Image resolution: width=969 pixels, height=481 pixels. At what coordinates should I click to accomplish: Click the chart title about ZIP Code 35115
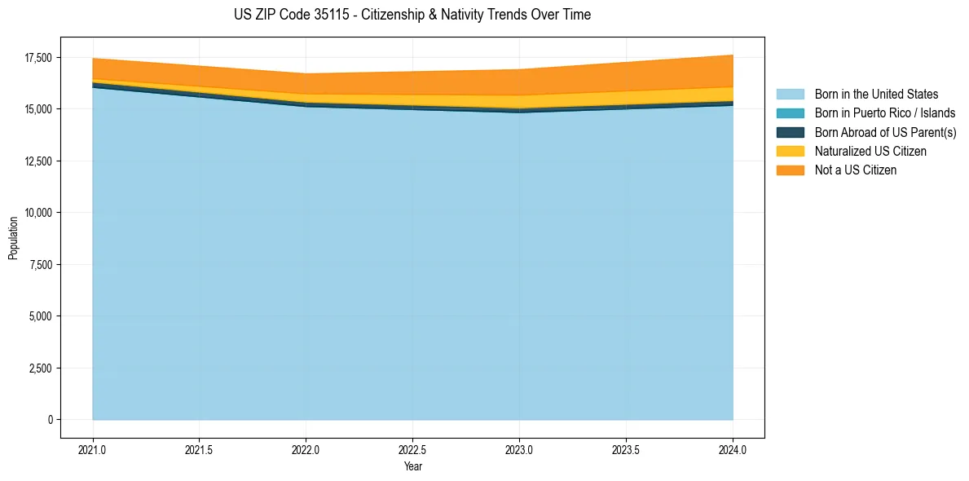click(x=412, y=15)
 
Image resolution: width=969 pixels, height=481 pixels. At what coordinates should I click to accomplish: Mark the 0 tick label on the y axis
click(x=50, y=420)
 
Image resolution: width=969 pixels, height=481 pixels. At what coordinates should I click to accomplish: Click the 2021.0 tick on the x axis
click(x=93, y=449)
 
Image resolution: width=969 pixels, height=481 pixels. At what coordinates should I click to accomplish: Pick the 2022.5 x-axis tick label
click(x=412, y=449)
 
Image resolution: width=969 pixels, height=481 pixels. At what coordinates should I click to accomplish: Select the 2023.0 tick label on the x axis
click(x=519, y=449)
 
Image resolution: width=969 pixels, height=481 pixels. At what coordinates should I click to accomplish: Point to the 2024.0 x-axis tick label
click(x=733, y=449)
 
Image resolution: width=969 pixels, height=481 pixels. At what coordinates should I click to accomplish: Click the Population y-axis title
click(x=13, y=238)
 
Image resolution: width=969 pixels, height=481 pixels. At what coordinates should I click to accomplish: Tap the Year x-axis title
click(x=412, y=466)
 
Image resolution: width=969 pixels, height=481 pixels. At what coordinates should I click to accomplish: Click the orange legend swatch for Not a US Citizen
click(x=790, y=170)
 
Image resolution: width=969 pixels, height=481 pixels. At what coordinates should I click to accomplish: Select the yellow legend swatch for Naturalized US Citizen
click(x=790, y=152)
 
